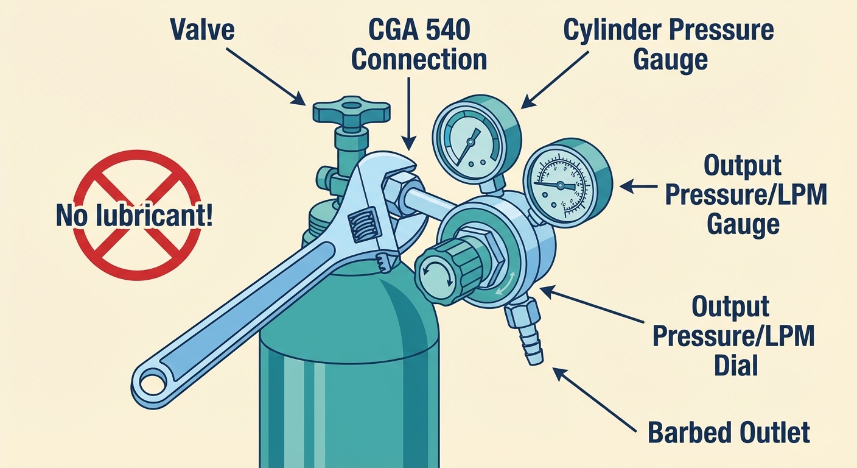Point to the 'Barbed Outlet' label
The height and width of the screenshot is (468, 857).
pos(729,432)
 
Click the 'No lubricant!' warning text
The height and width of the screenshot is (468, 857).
pos(135,216)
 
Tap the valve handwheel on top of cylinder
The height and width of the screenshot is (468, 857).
pos(351,110)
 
